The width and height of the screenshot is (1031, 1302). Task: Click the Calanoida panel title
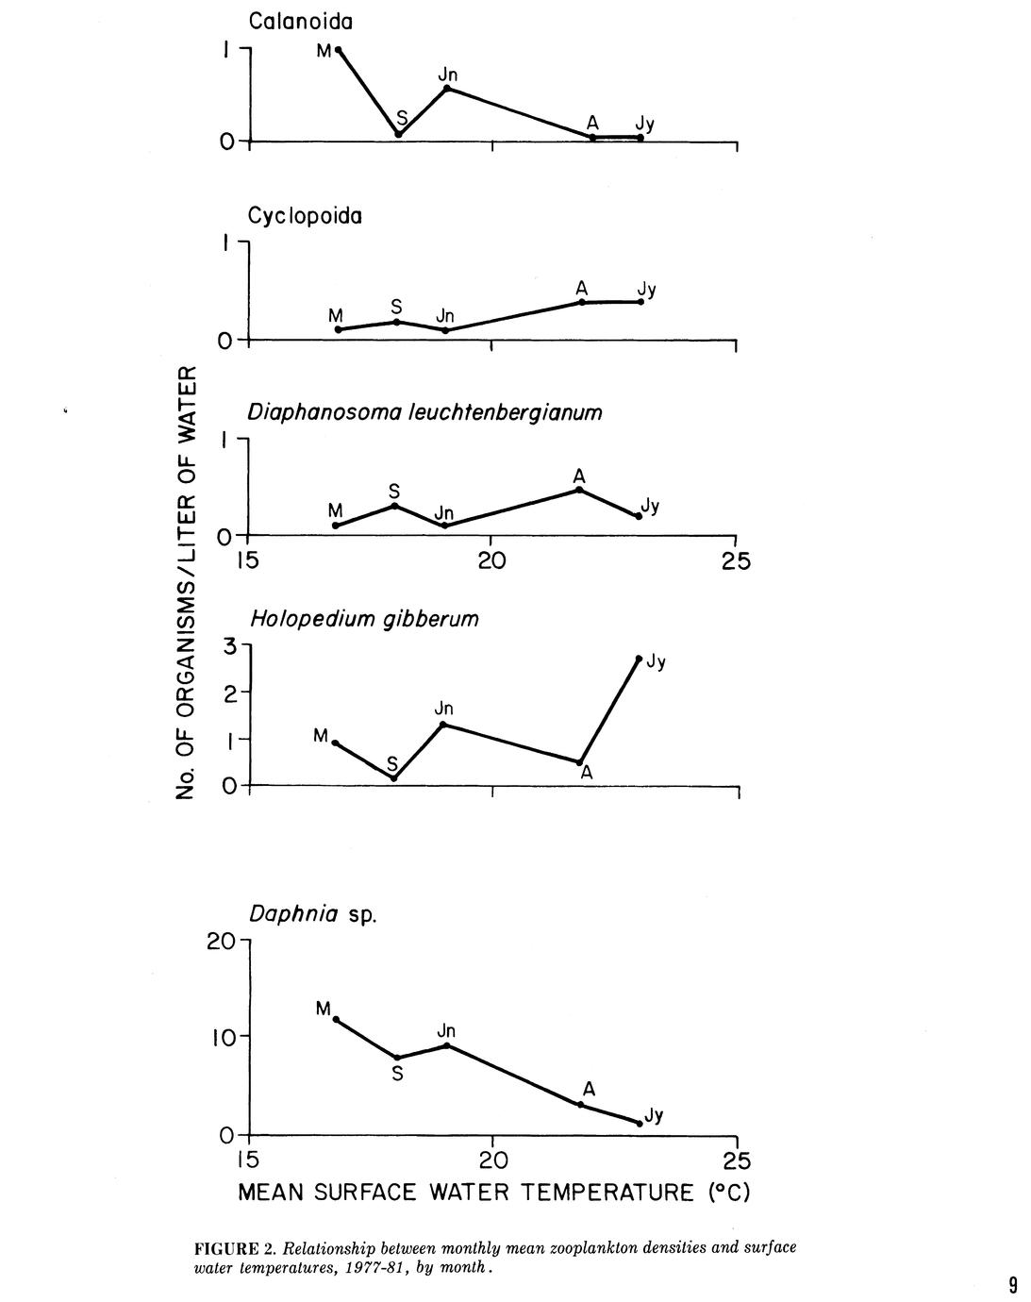point(301,21)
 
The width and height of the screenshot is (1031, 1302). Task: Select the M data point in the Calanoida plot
point(339,50)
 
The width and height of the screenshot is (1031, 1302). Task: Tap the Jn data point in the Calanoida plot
point(447,89)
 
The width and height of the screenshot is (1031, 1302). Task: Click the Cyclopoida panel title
point(305,216)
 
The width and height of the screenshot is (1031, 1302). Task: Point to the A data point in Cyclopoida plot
point(582,302)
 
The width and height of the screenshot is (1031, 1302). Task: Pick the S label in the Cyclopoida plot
point(396,308)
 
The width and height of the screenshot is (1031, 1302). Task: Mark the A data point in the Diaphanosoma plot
point(579,490)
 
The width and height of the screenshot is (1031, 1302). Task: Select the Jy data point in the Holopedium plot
point(639,659)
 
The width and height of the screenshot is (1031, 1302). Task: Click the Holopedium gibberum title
point(364,619)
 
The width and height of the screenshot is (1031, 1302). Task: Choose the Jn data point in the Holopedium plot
point(443,724)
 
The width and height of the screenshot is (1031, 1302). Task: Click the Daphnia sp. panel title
point(312,914)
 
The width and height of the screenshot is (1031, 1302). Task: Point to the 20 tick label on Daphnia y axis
point(224,941)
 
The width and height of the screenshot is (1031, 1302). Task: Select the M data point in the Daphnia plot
point(336,1019)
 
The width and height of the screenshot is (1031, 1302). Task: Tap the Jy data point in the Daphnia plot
point(639,1123)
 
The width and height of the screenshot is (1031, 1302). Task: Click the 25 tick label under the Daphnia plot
point(737,1160)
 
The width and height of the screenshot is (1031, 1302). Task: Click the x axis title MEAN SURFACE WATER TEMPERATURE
point(493,1193)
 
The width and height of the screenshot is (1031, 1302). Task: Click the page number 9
point(1012,1284)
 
